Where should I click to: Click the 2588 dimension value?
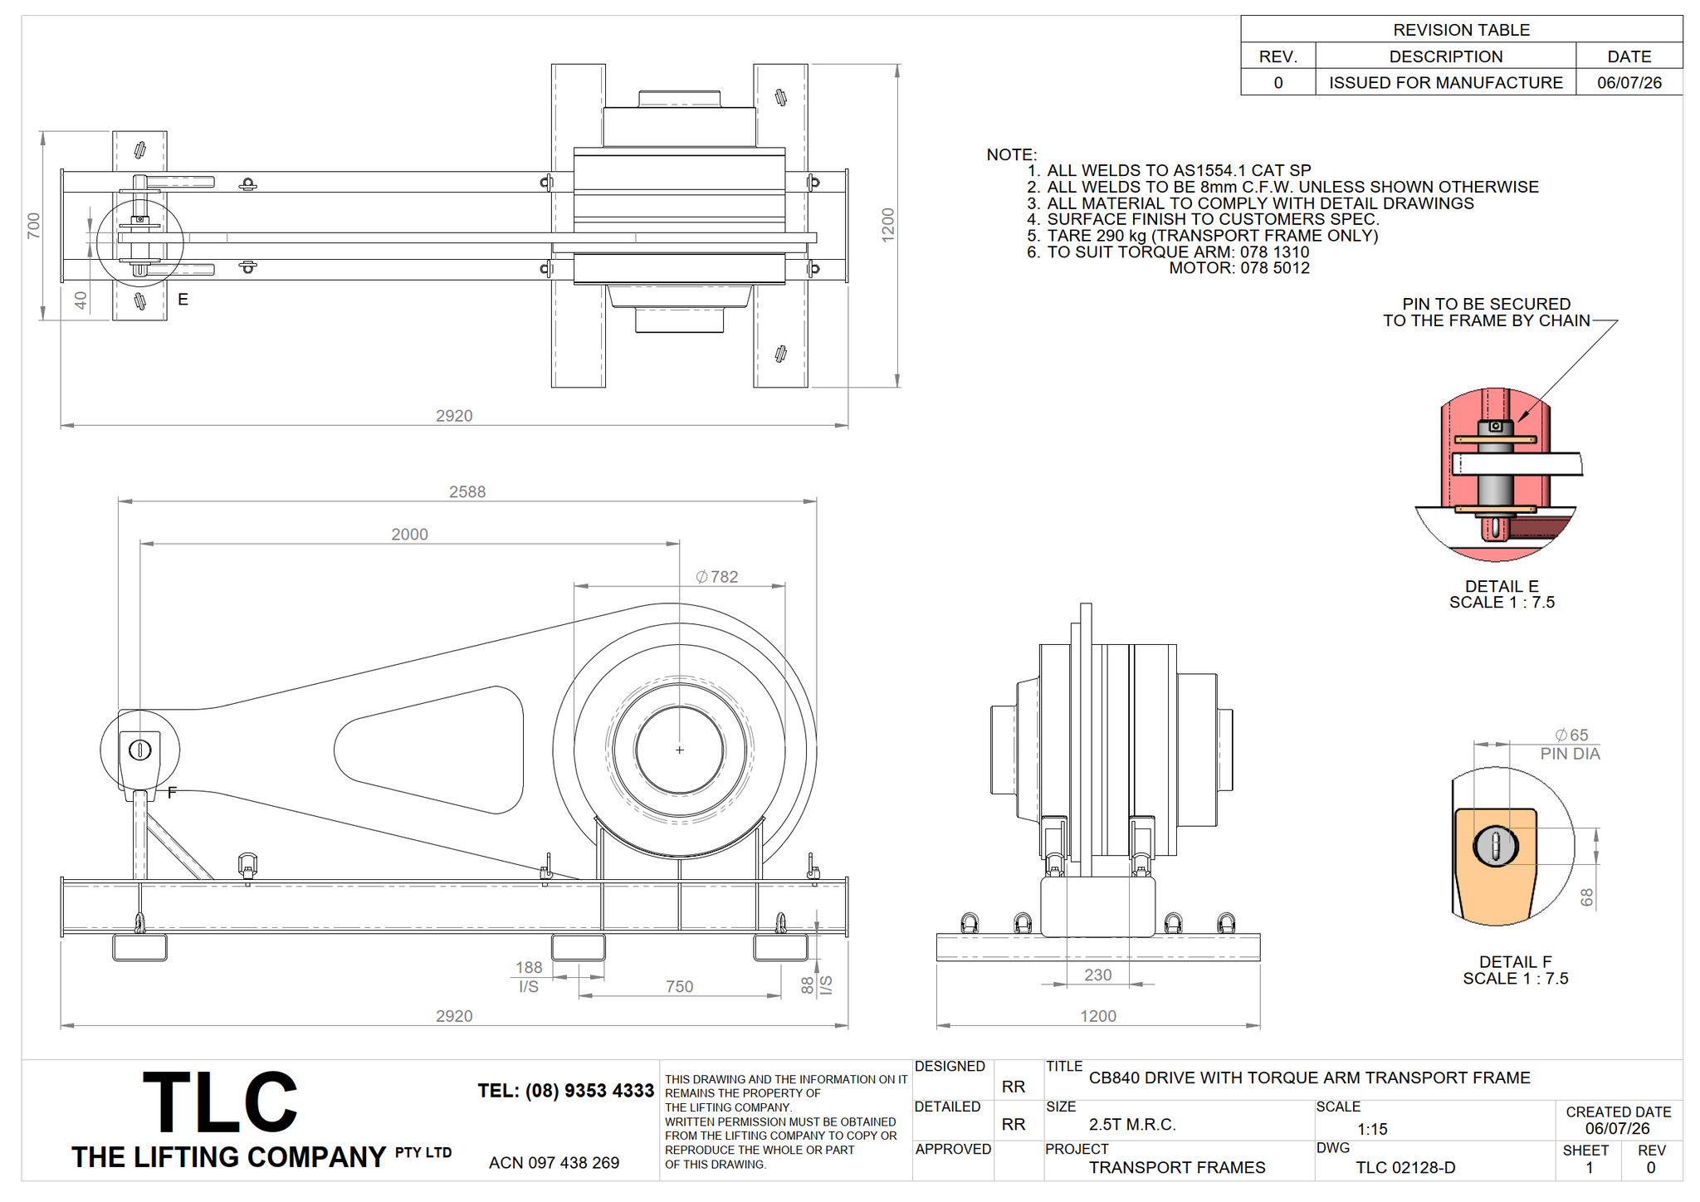[467, 491]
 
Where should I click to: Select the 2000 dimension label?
[409, 535]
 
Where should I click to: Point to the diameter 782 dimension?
[717, 576]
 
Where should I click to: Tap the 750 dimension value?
[679, 986]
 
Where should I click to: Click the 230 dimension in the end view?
[1097, 975]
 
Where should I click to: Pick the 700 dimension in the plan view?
[34, 225]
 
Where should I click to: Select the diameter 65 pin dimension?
[1571, 735]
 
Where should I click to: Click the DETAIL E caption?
[1502, 586]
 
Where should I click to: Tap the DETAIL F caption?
[1515, 961]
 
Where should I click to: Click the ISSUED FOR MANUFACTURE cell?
[1445, 82]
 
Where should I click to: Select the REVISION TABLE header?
[1461, 30]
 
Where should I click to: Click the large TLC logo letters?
[220, 1102]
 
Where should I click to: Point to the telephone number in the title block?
[565, 1091]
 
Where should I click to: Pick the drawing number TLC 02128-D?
[1405, 1167]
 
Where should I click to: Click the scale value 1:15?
[1372, 1129]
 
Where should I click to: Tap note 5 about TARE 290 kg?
[1202, 236]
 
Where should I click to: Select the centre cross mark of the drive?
[679, 750]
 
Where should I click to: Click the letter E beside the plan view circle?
[183, 299]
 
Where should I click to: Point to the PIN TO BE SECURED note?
[1486, 312]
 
